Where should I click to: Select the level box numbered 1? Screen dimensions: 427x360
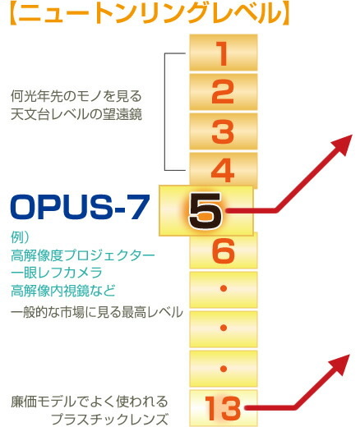point(223,53)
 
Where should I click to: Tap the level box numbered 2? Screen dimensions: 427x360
point(223,93)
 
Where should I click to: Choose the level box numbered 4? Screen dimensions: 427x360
point(223,171)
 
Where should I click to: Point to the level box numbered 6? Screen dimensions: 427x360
point(223,250)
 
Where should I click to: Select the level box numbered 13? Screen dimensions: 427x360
point(223,406)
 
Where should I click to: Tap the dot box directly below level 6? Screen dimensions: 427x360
point(223,290)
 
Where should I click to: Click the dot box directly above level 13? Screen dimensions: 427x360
point(223,367)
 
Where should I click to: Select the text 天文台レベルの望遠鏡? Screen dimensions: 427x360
point(76,114)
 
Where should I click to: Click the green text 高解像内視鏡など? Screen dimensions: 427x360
point(63,291)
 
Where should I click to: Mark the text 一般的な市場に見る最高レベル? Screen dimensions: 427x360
point(96,315)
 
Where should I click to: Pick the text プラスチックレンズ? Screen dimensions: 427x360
point(120,420)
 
